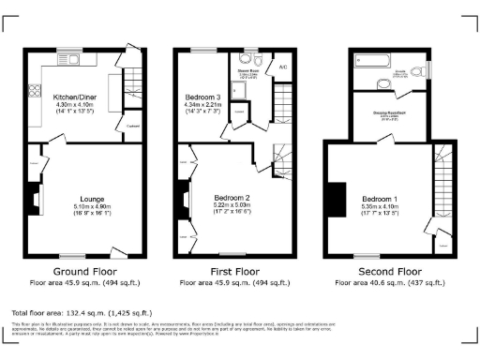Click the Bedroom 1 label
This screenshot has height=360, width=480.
(x=381, y=200)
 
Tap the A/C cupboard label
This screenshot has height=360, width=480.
(x=282, y=67)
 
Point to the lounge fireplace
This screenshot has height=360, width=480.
(x=34, y=199)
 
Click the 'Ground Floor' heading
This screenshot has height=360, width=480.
(x=83, y=271)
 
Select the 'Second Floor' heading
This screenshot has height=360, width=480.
(x=384, y=271)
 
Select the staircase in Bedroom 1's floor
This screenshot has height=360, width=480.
(x=439, y=187)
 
